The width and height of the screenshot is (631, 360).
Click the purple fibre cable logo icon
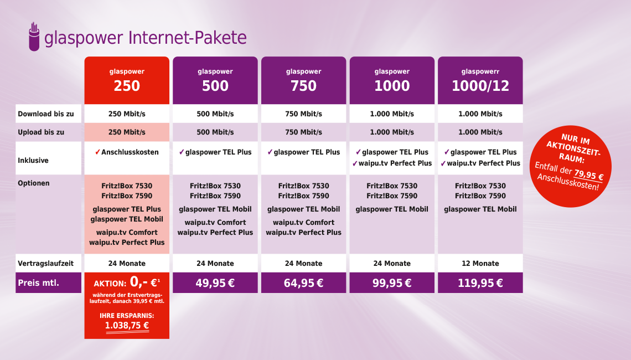click(34, 37)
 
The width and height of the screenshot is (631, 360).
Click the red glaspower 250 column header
click(127, 80)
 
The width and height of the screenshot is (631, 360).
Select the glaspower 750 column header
click(303, 80)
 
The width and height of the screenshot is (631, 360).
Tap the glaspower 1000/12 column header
click(480, 80)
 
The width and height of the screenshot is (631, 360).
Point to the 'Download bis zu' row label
click(46, 114)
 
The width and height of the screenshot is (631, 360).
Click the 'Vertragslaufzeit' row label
click(45, 264)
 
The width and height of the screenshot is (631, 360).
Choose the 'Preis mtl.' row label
click(38, 282)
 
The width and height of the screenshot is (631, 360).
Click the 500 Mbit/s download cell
click(215, 114)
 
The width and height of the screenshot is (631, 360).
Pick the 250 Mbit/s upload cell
click(127, 132)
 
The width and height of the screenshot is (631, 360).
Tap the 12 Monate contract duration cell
click(480, 264)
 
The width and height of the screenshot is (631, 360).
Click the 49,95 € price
click(215, 283)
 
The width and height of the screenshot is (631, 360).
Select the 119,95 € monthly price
click(480, 283)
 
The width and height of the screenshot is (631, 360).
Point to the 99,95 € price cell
click(392, 282)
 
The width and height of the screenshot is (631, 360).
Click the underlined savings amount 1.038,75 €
click(127, 326)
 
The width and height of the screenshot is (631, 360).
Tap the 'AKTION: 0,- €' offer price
click(127, 282)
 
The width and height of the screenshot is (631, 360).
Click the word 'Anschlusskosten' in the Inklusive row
click(130, 152)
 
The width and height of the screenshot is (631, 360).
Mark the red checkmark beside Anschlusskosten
click(97, 152)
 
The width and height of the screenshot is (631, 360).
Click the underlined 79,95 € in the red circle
click(588, 175)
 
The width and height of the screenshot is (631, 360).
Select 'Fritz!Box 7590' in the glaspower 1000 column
click(392, 196)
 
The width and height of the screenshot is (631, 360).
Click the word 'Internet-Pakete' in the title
click(188, 38)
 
